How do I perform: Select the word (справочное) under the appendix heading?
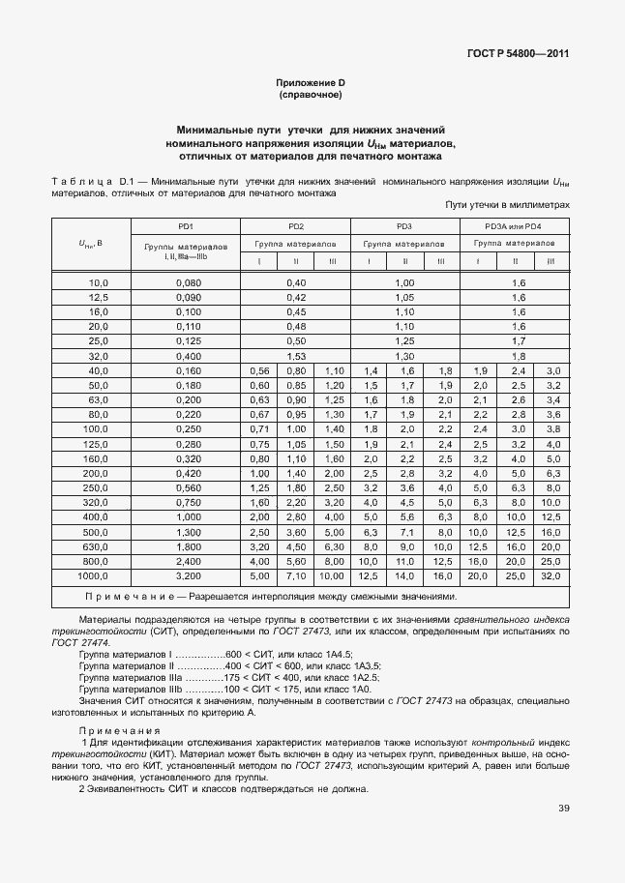pos(312,97)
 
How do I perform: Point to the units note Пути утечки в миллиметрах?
pos(507,205)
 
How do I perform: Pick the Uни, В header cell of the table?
pos(91,244)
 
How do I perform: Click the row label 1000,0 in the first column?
pos(91,574)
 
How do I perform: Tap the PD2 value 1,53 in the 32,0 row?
pos(296,356)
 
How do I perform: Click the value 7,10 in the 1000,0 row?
pos(296,574)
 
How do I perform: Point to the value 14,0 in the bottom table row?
pos(405,574)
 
